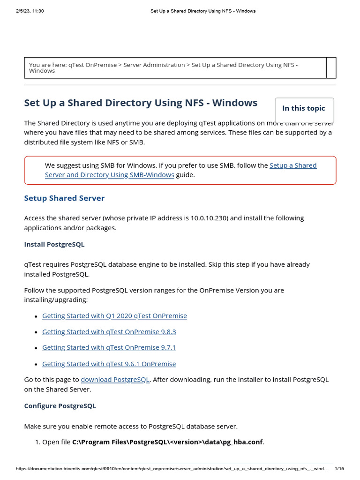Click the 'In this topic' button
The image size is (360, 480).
[x=303, y=108]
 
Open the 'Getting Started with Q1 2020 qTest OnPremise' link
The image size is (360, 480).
[x=114, y=316]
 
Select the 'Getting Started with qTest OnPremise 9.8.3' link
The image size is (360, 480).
[x=109, y=332]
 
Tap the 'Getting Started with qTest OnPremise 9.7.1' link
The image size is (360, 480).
[x=109, y=348]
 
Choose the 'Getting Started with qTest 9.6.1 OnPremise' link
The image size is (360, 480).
[x=109, y=364]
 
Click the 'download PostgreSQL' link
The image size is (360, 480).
[x=115, y=380]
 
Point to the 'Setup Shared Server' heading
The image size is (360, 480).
[x=64, y=198]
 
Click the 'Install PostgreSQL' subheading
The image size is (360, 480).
[x=54, y=245]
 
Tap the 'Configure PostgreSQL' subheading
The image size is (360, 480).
[x=60, y=406]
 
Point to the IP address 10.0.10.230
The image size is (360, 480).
[x=210, y=218]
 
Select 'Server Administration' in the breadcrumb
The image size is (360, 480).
[x=154, y=65]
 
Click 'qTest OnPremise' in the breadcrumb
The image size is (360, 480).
[x=92, y=65]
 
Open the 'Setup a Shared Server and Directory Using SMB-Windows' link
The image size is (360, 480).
[x=180, y=170]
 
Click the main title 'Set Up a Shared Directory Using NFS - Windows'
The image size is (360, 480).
[x=141, y=103]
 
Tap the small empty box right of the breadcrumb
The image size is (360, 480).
[x=331, y=67]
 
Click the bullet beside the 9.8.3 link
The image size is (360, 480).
[x=36, y=332]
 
